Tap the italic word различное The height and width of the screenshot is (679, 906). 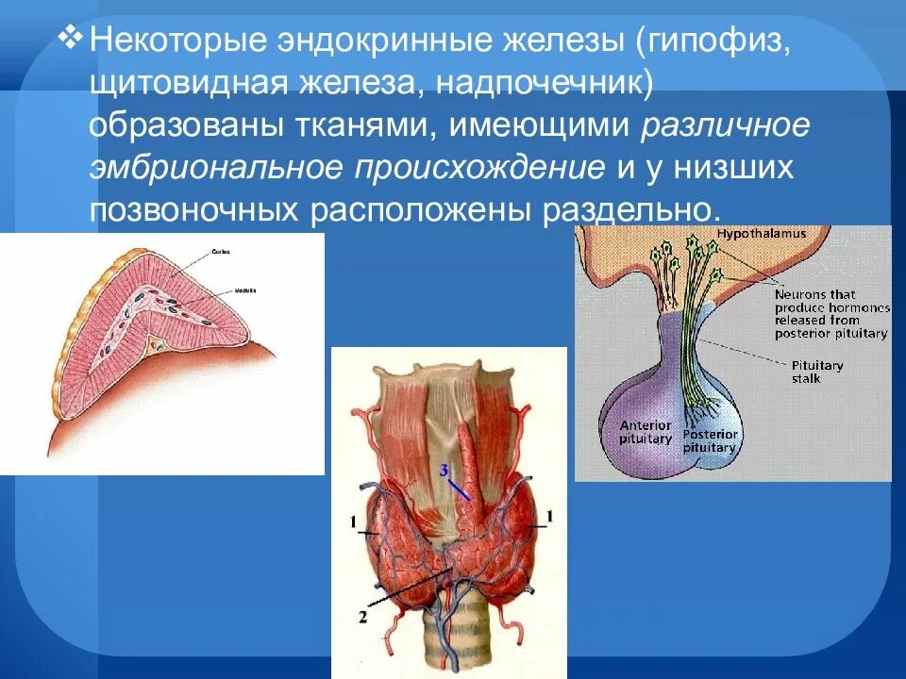pyautogui.click(x=728, y=124)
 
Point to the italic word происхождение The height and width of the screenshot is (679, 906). pyautogui.click(x=479, y=167)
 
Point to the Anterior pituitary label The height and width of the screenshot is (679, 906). pyautogui.click(x=646, y=432)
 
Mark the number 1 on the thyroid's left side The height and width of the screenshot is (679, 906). pyautogui.click(x=350, y=522)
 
